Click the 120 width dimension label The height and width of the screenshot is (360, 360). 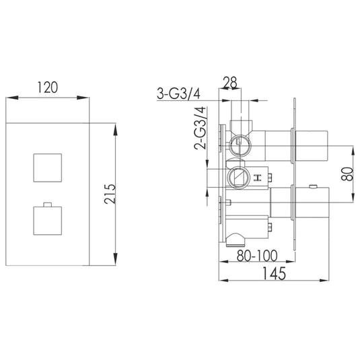(x=47, y=87)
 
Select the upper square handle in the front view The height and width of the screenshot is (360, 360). (x=48, y=166)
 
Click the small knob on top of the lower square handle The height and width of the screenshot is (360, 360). (x=47, y=203)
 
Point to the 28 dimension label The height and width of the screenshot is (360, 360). (x=230, y=83)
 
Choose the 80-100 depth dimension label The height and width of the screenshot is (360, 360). (x=256, y=256)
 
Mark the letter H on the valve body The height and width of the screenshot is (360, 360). (x=257, y=178)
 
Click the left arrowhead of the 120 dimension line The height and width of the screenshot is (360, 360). (x=10, y=99)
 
